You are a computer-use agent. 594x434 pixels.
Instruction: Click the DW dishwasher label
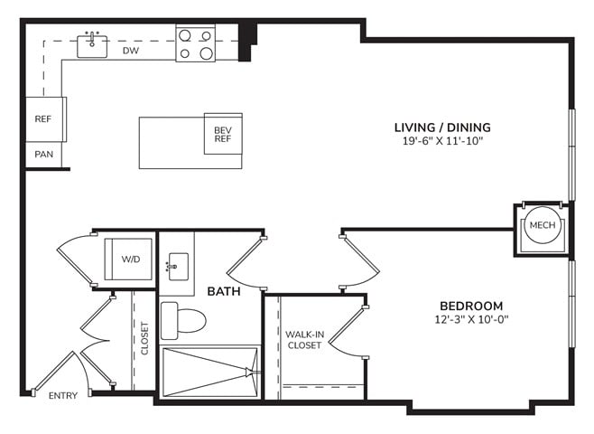coord(131,51)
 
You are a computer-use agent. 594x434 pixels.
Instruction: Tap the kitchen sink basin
coord(92,47)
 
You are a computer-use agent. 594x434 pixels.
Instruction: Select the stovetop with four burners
coord(196,42)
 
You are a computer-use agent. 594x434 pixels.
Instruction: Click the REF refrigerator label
coord(42,119)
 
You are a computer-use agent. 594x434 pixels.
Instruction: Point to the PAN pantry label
coord(43,155)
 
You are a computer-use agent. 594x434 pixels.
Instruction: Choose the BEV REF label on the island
coord(223,135)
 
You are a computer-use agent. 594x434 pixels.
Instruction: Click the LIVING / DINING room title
coord(442,127)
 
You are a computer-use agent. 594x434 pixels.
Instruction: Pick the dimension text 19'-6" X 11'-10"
coord(443,142)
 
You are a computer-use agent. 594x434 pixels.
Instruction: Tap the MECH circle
coord(543,225)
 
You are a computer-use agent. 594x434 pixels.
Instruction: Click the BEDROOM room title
coord(471,306)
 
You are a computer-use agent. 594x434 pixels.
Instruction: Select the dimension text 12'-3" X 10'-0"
coord(471,319)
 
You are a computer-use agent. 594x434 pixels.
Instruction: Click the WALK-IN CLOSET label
coord(304,340)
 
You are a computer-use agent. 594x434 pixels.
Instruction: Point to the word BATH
coord(224,291)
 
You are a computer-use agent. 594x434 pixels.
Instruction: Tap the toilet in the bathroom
coord(183,321)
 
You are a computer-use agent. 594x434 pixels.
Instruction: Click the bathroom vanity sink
coord(178,267)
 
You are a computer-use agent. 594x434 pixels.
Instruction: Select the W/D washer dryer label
coord(131,259)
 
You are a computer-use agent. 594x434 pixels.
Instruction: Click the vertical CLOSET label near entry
coord(144,338)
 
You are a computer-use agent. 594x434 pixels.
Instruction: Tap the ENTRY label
coord(63,396)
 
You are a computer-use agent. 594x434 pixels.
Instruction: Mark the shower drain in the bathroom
coord(249,373)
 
